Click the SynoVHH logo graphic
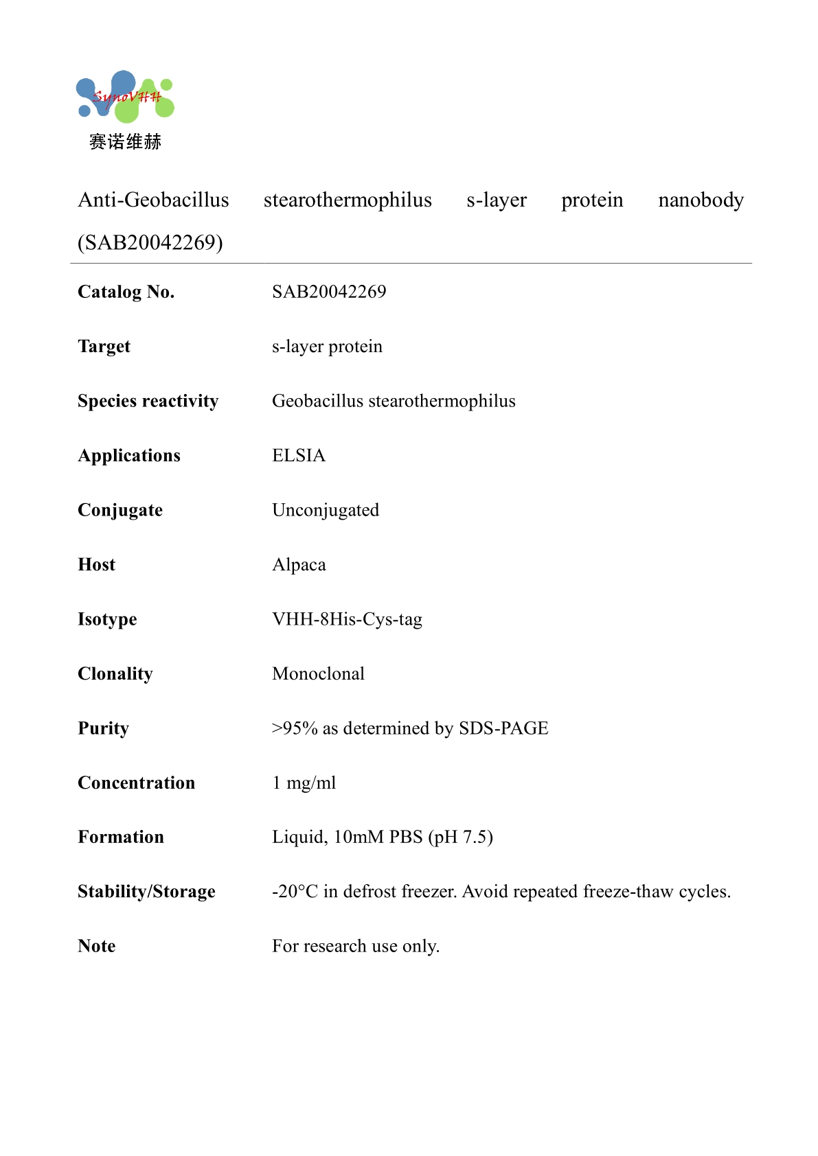125,97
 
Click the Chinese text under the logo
125,142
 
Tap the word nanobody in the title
701,200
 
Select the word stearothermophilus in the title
348,200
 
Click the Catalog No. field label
126,292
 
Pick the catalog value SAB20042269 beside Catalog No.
329,292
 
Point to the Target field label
104,347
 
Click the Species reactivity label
148,401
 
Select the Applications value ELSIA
299,456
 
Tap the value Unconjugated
326,510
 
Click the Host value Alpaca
299,565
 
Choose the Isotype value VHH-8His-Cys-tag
347,619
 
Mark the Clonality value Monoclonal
318,673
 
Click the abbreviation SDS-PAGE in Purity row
503,728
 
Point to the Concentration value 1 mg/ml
304,783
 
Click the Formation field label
121,837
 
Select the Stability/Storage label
146,892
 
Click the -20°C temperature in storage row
295,892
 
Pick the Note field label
96,946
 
